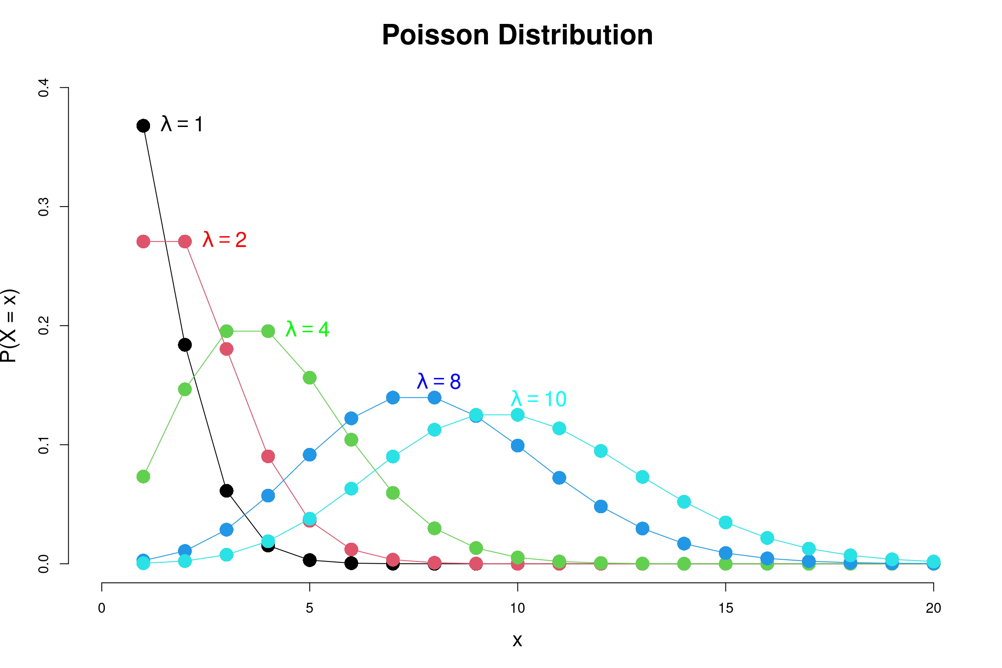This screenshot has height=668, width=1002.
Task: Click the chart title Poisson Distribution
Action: pos(517,35)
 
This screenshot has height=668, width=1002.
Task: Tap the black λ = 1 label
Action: pos(182,124)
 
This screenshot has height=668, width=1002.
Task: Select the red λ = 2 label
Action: pos(224,240)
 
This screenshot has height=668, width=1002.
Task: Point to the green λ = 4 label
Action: pos(307,329)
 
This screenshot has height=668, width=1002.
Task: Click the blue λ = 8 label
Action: pos(438,381)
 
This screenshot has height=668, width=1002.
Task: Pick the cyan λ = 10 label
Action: pos(538,399)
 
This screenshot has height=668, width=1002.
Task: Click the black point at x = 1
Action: pos(143,126)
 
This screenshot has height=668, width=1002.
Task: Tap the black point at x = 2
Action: pos(185,345)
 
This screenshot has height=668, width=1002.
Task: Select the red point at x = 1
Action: pos(143,241)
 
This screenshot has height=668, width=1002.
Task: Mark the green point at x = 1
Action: pos(143,477)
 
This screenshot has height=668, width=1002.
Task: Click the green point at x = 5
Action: pos(310,378)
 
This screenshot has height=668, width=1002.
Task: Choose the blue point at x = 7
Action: pos(393,397)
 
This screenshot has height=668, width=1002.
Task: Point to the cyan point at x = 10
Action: pos(518,415)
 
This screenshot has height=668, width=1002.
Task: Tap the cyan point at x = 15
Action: pos(725,522)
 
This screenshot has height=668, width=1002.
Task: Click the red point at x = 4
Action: pos(268,457)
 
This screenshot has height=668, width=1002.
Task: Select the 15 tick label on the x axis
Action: pos(725,608)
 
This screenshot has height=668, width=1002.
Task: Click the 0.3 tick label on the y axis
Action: pos(43,207)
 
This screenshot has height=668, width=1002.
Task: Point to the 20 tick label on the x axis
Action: pos(933,608)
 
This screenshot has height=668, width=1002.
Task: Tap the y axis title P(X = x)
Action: pos(9,325)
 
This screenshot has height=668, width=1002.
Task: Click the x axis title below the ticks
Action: pos(517,640)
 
